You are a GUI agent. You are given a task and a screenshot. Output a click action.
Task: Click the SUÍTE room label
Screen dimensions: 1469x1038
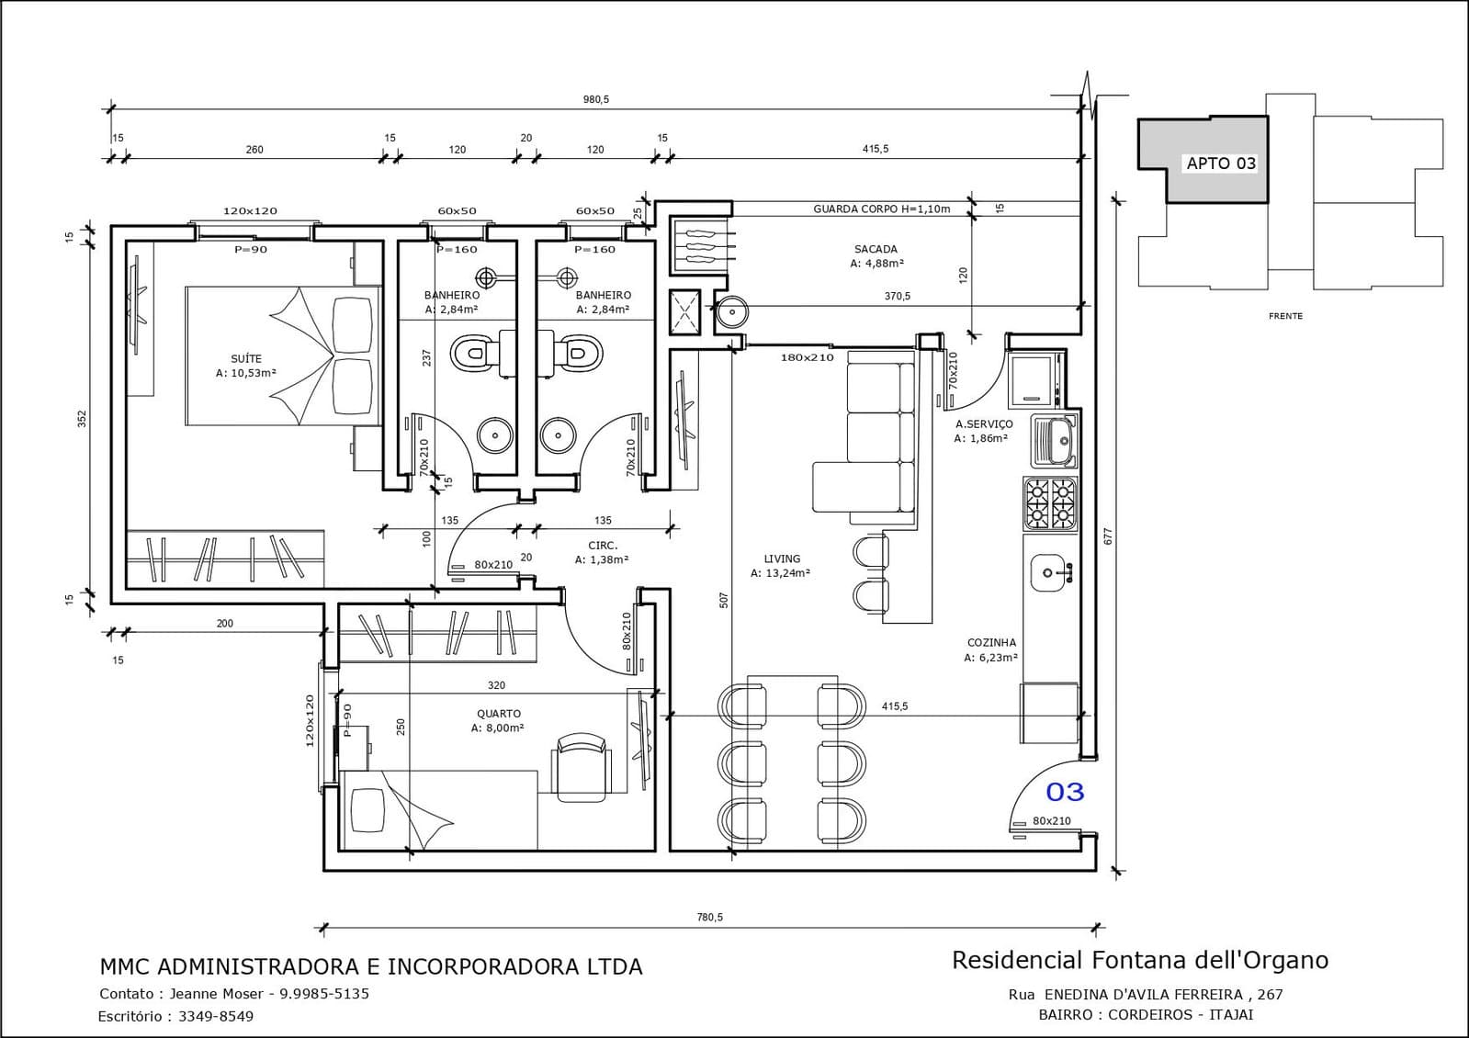click(x=246, y=358)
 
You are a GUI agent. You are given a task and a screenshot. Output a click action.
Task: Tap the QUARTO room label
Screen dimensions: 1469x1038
click(x=499, y=714)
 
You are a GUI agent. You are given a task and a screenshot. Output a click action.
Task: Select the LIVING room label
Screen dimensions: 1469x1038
click(x=782, y=558)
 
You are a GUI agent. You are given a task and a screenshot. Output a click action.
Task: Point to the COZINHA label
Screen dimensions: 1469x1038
click(x=991, y=643)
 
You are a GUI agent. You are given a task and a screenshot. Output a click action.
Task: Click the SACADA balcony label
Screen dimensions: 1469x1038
click(x=876, y=249)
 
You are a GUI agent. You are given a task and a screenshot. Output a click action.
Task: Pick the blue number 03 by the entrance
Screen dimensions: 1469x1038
click(x=1065, y=792)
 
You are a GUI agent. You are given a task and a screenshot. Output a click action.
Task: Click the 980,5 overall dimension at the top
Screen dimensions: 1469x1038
click(x=596, y=100)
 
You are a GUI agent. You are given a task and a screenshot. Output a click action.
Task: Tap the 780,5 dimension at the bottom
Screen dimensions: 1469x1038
click(x=709, y=918)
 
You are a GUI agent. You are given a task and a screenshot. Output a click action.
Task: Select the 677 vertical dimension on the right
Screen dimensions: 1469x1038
click(x=1109, y=536)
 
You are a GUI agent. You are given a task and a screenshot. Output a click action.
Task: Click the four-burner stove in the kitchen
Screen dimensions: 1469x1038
click(x=1050, y=503)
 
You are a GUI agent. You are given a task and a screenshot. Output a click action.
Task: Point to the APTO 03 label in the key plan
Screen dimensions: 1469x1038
click(x=1221, y=164)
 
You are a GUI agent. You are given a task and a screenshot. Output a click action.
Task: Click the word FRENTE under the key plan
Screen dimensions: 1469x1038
click(x=1285, y=316)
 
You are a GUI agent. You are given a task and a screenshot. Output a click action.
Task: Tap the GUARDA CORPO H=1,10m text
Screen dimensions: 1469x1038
click(x=881, y=209)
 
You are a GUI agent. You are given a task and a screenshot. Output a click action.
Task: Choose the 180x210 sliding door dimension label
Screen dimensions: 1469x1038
click(x=807, y=358)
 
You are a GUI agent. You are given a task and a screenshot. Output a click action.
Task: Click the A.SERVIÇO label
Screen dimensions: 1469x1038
click(x=984, y=424)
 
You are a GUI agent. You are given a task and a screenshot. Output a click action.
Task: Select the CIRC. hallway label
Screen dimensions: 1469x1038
click(x=603, y=546)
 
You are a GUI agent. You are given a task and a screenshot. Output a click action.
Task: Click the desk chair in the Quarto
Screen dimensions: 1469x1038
click(x=581, y=767)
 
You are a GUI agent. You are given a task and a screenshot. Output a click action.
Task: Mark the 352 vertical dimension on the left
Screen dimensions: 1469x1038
click(x=82, y=418)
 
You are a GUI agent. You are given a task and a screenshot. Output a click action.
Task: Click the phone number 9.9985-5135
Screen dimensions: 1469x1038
click(x=324, y=993)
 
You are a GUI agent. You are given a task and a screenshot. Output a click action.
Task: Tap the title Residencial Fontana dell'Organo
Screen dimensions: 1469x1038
click(x=1140, y=961)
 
